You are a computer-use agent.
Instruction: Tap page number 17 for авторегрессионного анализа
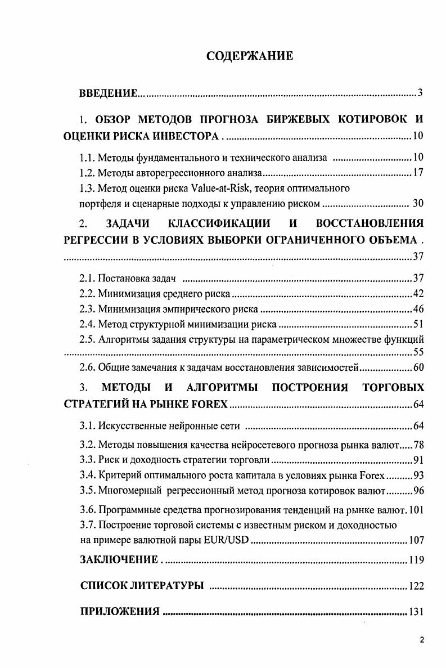click(x=418, y=173)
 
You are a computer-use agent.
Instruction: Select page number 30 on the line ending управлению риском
click(x=418, y=203)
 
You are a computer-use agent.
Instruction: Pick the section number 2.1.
click(x=88, y=278)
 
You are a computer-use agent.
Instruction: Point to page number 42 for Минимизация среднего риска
click(x=418, y=293)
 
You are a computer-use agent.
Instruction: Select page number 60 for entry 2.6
click(x=418, y=368)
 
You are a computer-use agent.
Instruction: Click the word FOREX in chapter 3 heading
click(x=208, y=404)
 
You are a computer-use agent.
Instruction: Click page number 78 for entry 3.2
click(x=418, y=446)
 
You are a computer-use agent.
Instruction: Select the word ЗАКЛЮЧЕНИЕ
click(x=119, y=560)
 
